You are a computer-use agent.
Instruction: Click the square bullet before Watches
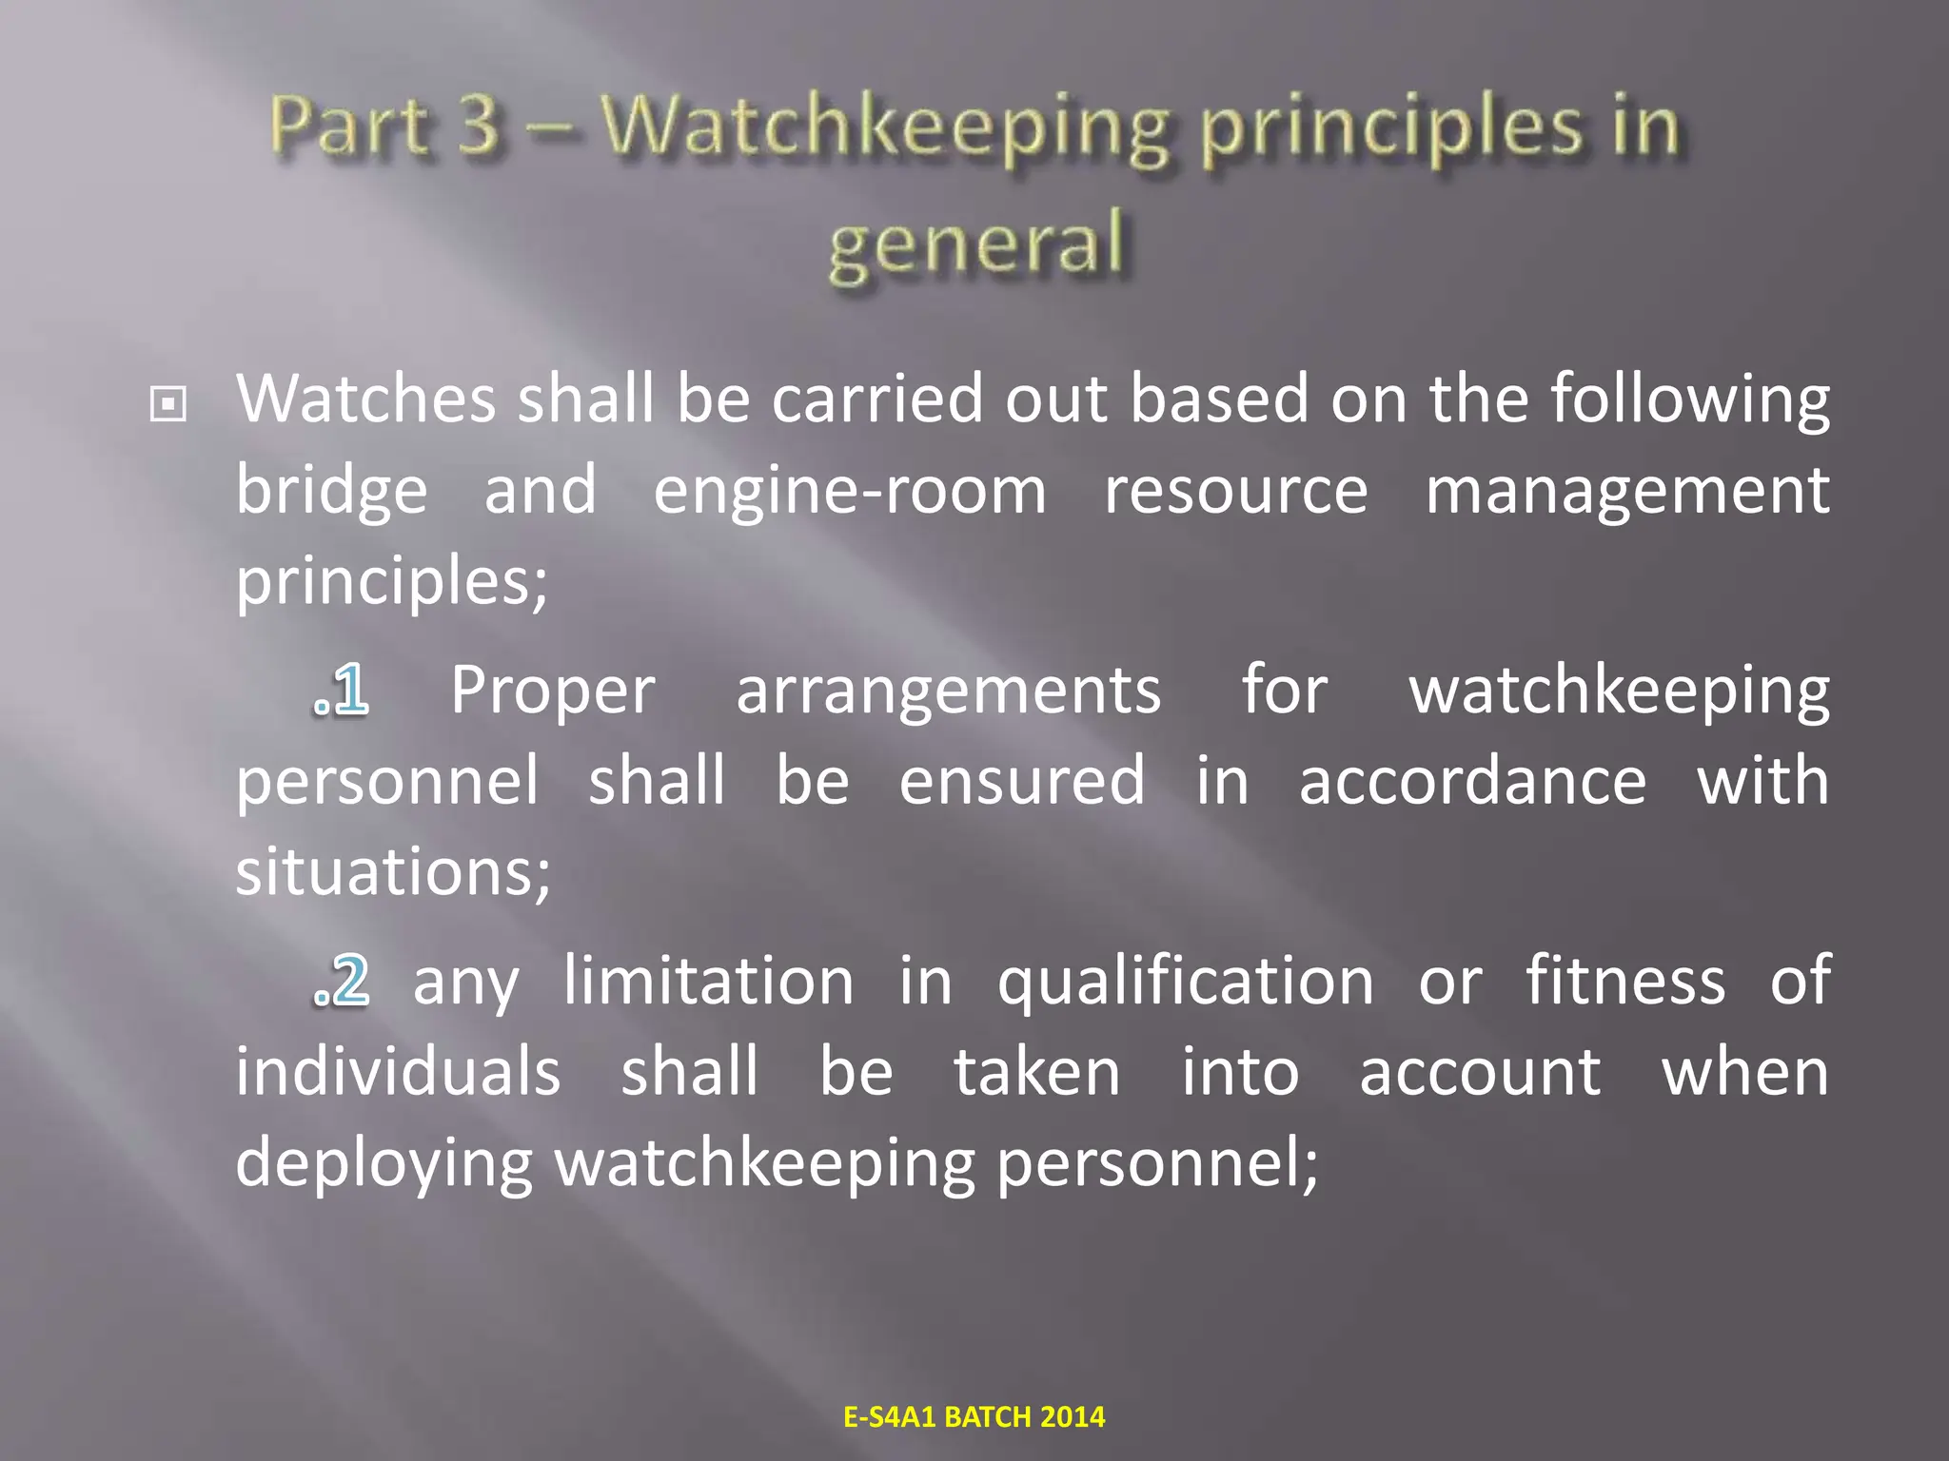pos(168,406)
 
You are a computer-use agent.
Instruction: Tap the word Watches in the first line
pos(366,399)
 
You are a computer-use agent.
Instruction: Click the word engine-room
pos(850,492)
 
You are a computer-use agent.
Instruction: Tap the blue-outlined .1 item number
pos(341,690)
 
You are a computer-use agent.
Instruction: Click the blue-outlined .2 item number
pos(341,981)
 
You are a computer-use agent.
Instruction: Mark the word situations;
pos(393,872)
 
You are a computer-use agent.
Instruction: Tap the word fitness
pos(1625,981)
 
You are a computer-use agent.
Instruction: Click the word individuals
pos(398,1072)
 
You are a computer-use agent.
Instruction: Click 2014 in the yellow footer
pos(1073,1417)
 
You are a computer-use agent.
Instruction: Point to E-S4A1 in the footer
pos(891,1417)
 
